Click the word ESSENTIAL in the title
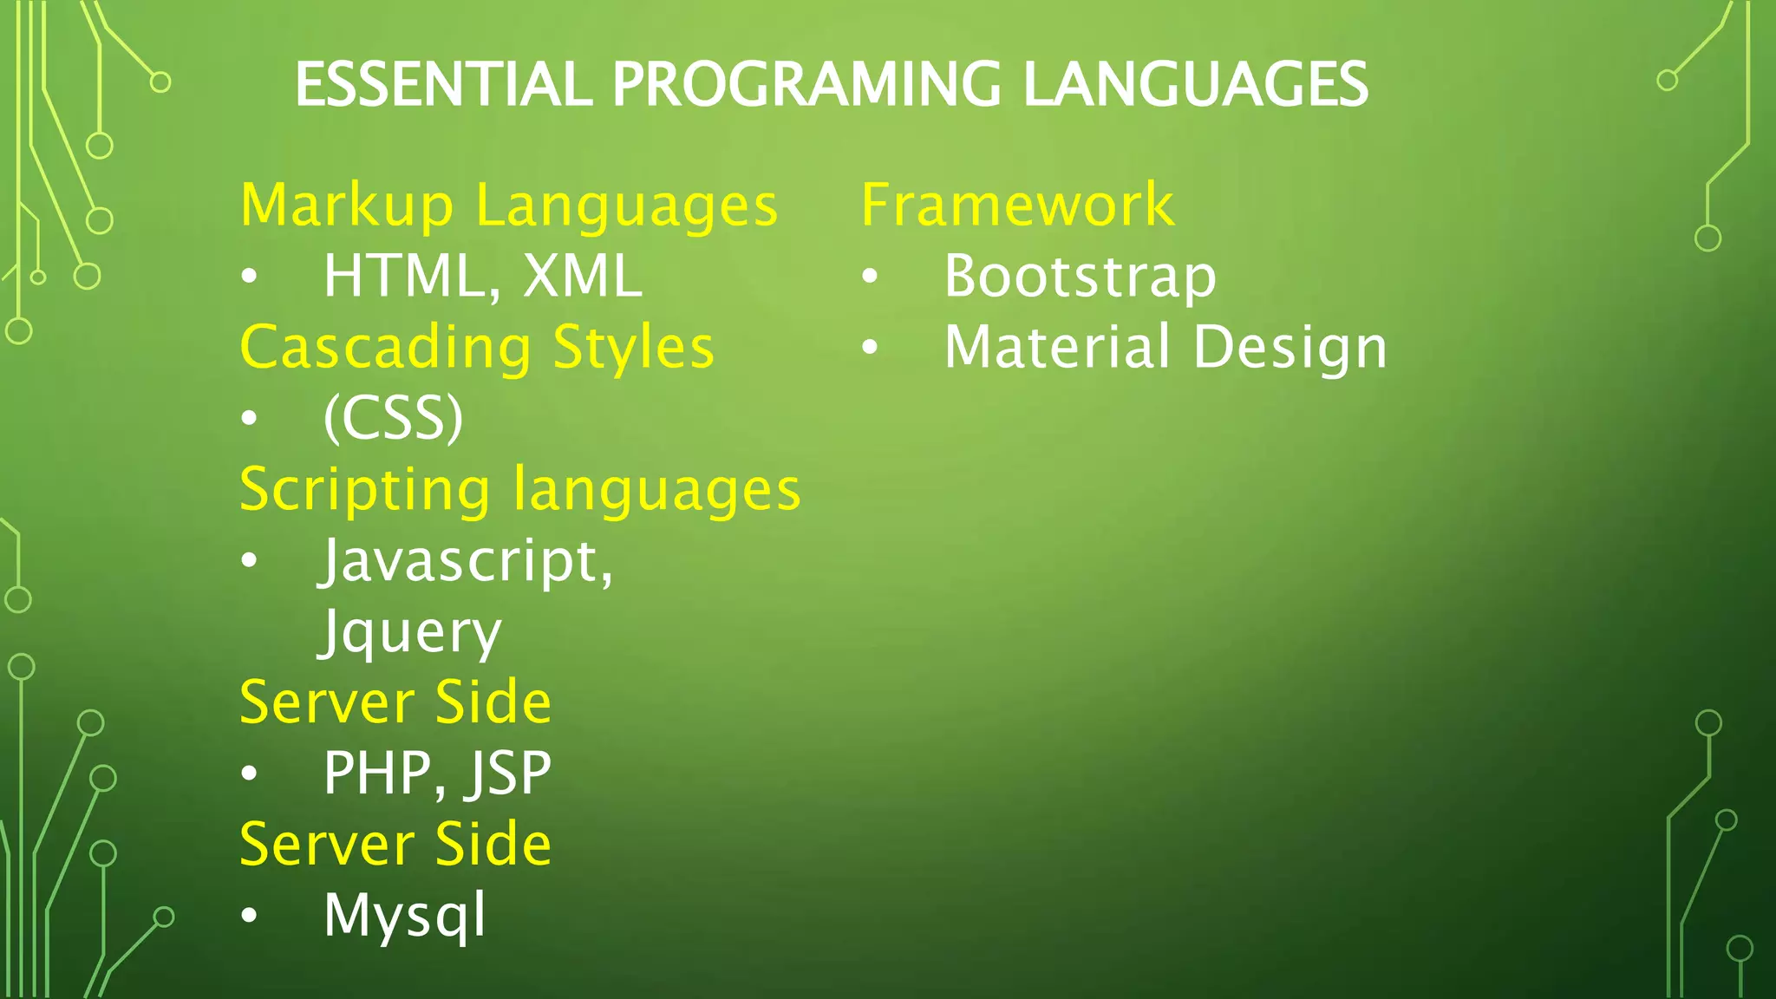tap(443, 85)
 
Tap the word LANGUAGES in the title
tap(1195, 85)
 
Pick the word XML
tap(583, 277)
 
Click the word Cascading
tap(385, 348)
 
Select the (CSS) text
tap(393, 419)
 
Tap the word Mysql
tap(404, 916)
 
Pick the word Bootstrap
tap(1081, 277)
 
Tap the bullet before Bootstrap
tap(870, 277)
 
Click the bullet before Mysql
tap(250, 916)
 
